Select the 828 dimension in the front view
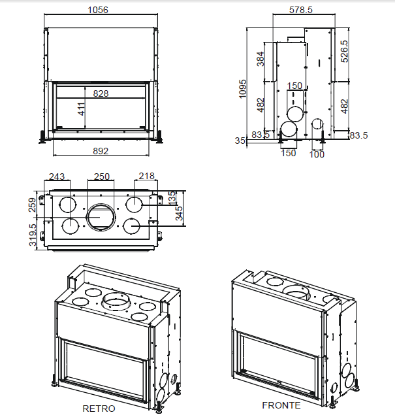pyautogui.click(x=101, y=93)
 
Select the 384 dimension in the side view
pyautogui.click(x=260, y=60)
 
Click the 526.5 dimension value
pyautogui.click(x=345, y=52)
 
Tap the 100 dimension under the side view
pyautogui.click(x=317, y=154)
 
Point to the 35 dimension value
pyautogui.click(x=240, y=141)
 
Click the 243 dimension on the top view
pyautogui.click(x=57, y=176)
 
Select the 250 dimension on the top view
pyautogui.click(x=101, y=176)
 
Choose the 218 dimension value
pyautogui.click(x=146, y=176)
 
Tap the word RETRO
pyautogui.click(x=99, y=409)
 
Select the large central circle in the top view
pyautogui.click(x=101, y=216)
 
